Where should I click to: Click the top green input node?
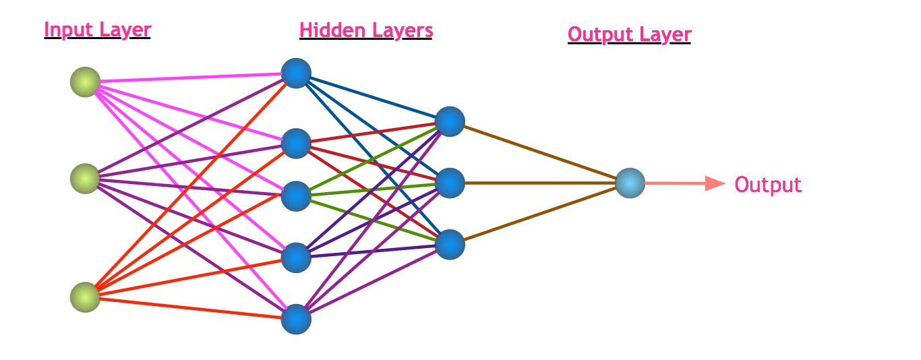(x=85, y=82)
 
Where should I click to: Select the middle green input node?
(x=85, y=179)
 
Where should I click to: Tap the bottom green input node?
(x=85, y=297)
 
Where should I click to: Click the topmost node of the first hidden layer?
(x=296, y=73)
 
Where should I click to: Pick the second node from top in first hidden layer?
(x=296, y=144)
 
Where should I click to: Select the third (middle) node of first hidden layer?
(x=296, y=196)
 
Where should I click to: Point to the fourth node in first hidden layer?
(x=296, y=258)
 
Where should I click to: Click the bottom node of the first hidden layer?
(x=296, y=320)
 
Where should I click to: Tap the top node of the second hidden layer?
(x=450, y=121)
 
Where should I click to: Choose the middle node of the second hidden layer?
(x=450, y=183)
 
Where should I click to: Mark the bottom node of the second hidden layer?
(x=450, y=245)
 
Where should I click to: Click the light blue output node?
(x=630, y=183)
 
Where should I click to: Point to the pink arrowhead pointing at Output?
(x=715, y=183)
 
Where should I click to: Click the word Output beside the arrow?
(x=768, y=185)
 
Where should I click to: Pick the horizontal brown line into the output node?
(x=540, y=183)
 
